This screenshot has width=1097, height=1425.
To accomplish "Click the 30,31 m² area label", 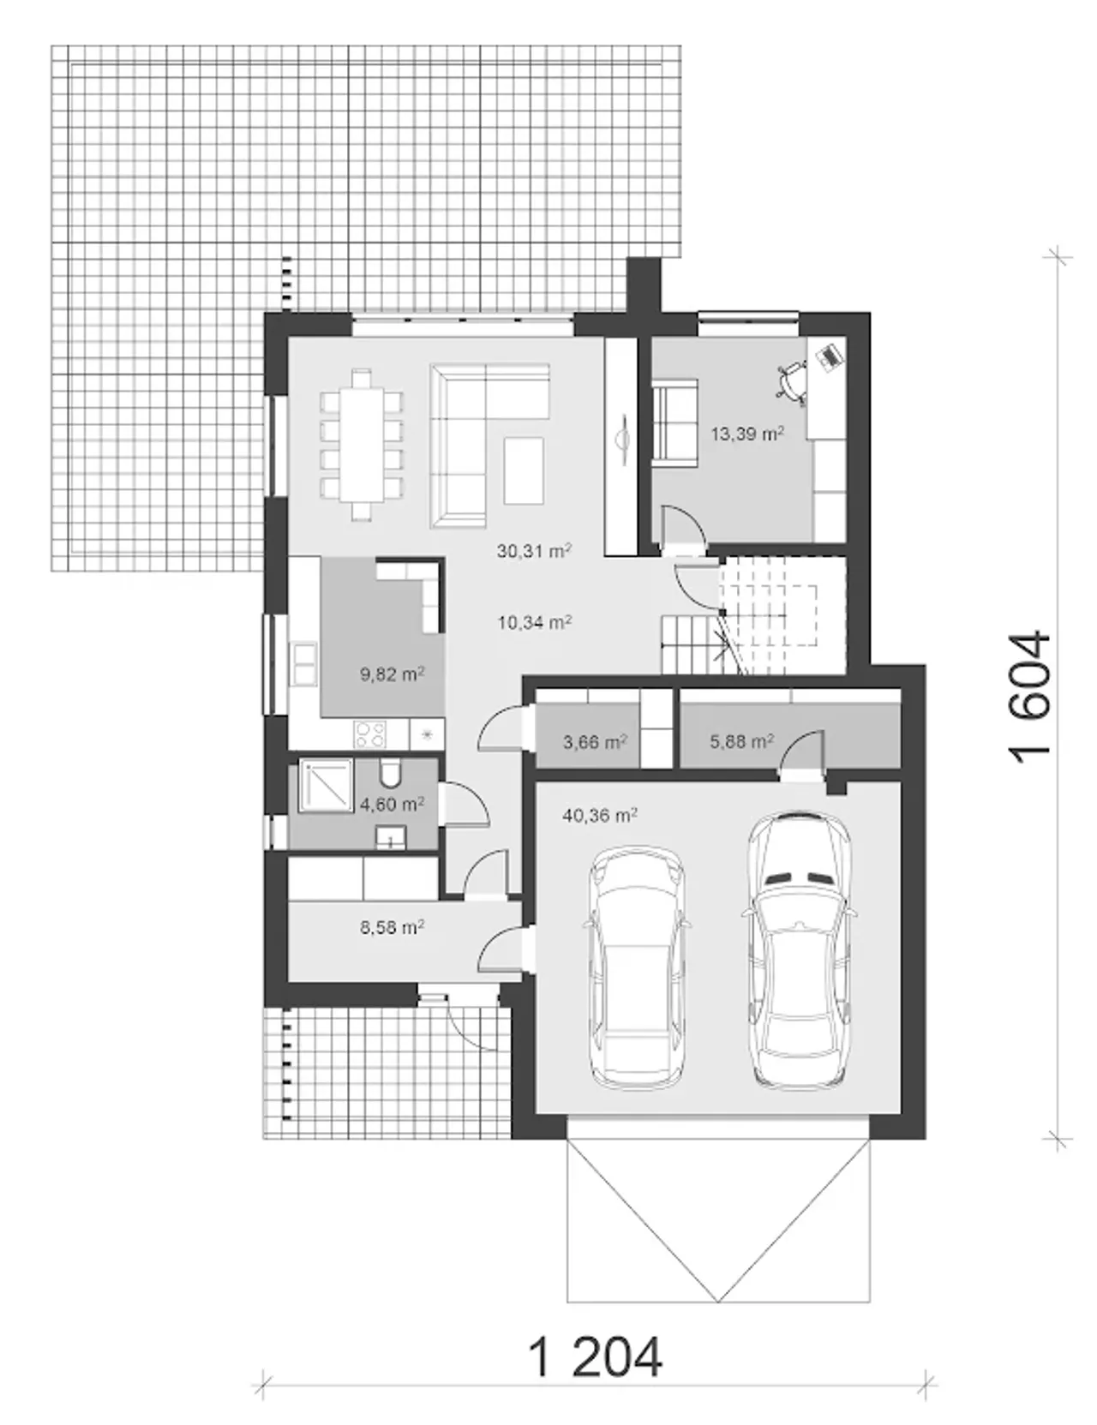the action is pos(535,551).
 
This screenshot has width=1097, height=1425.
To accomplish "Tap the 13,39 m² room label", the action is pos(747,434).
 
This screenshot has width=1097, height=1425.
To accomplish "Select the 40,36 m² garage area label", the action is pos(600,816).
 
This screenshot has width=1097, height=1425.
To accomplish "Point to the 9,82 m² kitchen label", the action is pos(393,674).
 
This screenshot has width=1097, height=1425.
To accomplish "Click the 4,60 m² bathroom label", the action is pos(393,804).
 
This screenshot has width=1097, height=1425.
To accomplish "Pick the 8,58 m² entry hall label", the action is pos(393,927).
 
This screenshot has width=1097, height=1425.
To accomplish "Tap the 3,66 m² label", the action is pos(596,742).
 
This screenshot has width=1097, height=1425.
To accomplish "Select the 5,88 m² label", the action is pos(742,742).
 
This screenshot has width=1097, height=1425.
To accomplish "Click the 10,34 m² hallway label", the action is pos(535,622).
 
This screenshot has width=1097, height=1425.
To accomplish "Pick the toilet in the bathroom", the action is pos(390,774).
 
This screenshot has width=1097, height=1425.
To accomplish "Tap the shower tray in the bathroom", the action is pos(325,786).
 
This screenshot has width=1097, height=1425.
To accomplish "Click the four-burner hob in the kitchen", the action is pos(370,733).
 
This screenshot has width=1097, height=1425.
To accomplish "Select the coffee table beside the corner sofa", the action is pos(524,470).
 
